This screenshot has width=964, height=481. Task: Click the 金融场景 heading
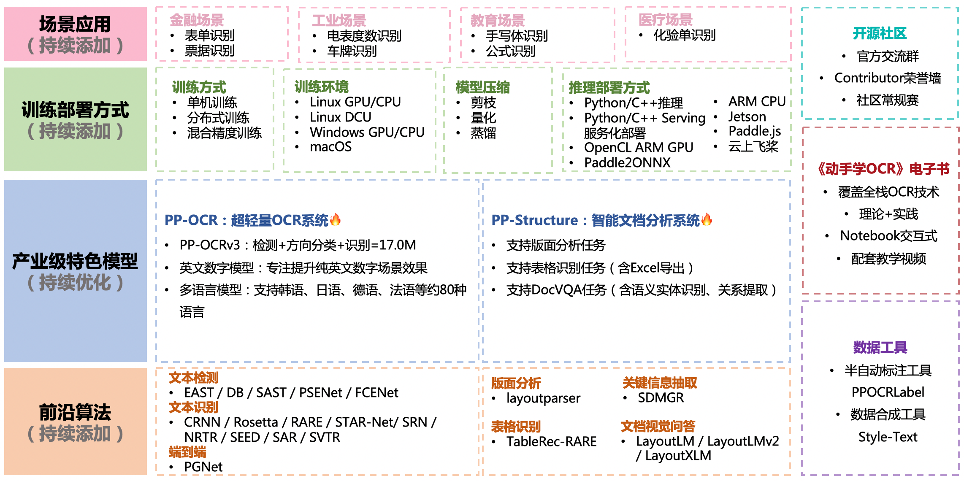197,20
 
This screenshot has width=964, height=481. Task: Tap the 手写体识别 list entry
516,36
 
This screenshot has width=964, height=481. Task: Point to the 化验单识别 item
684,35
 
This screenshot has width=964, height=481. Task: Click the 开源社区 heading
880,33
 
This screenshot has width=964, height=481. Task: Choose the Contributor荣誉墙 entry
887,78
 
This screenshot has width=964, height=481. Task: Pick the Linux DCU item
340,117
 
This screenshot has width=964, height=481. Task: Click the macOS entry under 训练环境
330,147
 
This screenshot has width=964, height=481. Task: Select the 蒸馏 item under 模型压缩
483,133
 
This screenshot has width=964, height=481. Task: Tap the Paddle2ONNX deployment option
627,163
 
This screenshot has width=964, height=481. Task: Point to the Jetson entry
747,117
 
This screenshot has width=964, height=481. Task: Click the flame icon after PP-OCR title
336,219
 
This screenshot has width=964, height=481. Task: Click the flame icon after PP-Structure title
707,219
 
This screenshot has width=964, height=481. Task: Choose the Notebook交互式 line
888,236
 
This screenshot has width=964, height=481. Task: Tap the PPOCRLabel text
888,392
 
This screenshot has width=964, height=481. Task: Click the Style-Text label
888,437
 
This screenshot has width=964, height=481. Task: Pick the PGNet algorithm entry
203,467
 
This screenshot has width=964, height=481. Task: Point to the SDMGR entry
661,398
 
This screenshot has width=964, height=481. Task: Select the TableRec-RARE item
551,442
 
